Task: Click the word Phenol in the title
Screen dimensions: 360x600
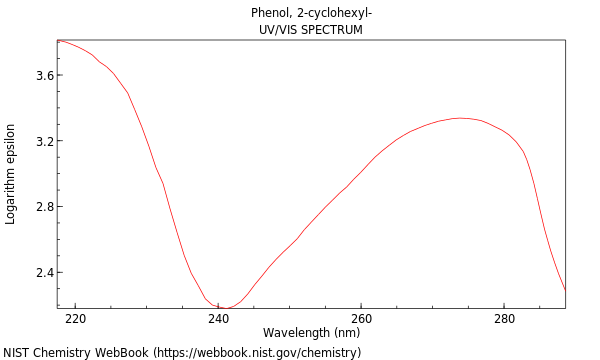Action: [x=269, y=13]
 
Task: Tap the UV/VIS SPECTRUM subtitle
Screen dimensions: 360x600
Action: [x=311, y=30]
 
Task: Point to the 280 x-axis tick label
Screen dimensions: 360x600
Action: [x=504, y=319]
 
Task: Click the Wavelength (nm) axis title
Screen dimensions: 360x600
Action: [x=311, y=333]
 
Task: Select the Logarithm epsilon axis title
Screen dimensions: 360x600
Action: [x=11, y=174]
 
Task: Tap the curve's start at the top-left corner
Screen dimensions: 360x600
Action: [x=58, y=40]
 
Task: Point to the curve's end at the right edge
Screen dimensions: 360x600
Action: [x=565, y=290]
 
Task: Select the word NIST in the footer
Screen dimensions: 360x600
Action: [x=16, y=352]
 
